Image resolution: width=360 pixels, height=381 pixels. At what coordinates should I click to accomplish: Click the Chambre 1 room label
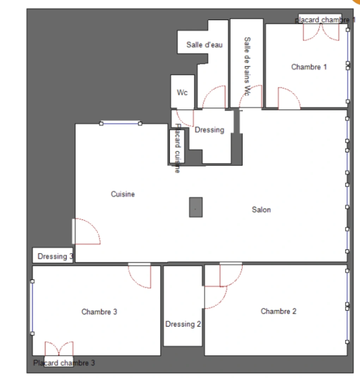[309, 67]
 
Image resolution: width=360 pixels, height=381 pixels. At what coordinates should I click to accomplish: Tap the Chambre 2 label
[278, 311]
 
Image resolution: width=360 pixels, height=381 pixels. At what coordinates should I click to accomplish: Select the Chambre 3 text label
[99, 312]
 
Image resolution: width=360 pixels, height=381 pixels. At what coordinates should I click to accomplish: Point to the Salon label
[261, 210]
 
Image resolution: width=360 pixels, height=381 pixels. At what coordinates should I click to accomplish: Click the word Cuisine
[123, 194]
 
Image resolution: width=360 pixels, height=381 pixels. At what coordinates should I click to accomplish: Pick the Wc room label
[182, 93]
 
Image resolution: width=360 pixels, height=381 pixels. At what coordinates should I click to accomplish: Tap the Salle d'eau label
[205, 45]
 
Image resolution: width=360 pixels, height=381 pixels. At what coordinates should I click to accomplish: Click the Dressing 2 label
[183, 324]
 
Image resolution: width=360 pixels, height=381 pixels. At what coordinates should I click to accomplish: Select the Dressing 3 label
[53, 256]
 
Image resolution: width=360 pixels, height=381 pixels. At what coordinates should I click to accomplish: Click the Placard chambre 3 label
[64, 363]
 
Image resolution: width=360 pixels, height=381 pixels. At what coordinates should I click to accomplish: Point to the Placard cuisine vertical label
[177, 148]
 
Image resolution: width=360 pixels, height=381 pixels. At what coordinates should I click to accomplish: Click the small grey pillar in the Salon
[196, 207]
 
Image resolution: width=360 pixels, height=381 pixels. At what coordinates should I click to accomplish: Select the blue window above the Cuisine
[121, 123]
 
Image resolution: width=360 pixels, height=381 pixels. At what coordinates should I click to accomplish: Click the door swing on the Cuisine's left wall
[86, 231]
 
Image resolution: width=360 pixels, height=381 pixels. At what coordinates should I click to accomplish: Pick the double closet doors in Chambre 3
[59, 349]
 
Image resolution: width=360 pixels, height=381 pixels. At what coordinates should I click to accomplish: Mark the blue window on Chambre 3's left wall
[32, 307]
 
